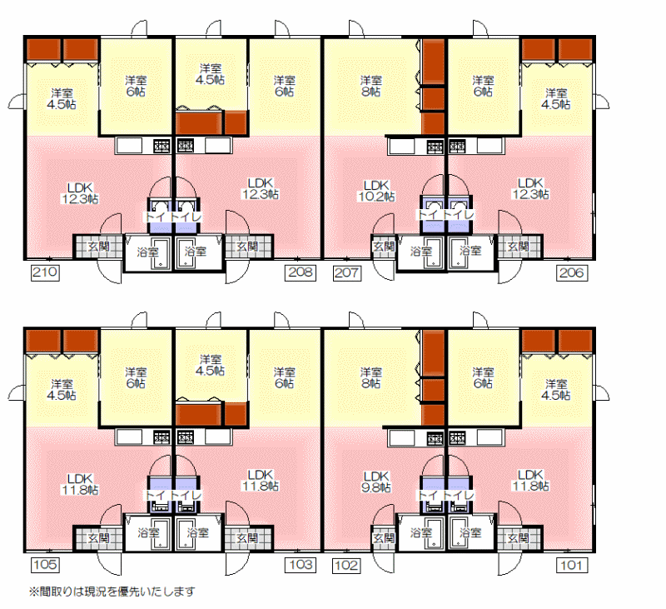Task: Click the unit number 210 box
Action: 45,272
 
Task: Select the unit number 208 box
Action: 301,272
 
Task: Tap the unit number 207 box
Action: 347,272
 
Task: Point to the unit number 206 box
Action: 572,272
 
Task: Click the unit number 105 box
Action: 45,565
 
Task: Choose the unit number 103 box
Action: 301,565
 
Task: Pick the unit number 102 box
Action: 347,565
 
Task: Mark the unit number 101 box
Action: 572,565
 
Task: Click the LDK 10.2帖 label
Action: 377,191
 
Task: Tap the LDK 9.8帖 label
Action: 376,482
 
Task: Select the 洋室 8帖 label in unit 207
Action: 370,86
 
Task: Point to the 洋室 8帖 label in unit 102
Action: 370,377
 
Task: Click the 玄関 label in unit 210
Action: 98,247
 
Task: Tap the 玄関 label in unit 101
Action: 518,538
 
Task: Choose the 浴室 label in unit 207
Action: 420,252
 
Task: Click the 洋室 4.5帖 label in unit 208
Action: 211,74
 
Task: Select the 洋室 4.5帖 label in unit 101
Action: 556,390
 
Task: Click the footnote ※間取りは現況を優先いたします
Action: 112,592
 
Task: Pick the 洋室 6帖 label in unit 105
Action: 136,377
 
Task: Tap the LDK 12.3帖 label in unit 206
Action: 530,188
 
